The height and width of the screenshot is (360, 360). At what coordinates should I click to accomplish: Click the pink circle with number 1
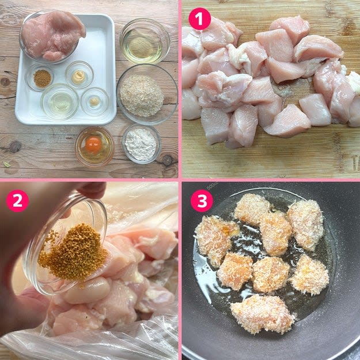pos(199,19)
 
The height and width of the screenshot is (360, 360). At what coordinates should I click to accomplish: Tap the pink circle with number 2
pos(17,200)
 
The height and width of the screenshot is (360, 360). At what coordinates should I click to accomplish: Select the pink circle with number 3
pos(202,200)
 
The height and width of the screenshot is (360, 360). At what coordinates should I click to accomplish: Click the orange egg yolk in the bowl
pos(93,145)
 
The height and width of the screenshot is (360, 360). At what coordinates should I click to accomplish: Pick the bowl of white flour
pos(142,144)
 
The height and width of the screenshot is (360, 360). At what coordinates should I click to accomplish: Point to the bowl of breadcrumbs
pos(147,94)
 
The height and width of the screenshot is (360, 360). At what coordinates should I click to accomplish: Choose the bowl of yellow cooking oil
pos(145,41)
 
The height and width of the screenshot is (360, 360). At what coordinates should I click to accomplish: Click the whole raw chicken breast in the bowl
pos(53,36)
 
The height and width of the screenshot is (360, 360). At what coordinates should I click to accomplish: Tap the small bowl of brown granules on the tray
pos(39,77)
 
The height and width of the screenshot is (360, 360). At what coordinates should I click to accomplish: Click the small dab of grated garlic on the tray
pos(94,101)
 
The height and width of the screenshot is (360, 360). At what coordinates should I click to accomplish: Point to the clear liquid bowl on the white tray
pos(60,102)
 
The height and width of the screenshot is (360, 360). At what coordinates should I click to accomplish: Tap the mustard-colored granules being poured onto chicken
pos(73,252)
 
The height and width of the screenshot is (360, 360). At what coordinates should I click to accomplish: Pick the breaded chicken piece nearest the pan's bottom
pos(262,314)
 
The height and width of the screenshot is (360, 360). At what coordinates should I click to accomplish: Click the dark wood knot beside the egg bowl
pos(15,146)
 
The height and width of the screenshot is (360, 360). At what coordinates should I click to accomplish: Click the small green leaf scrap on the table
pos(6,164)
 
